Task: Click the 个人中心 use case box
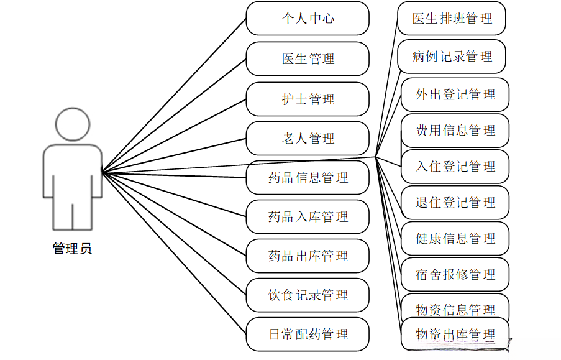coord(308,19)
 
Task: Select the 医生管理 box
coord(308,59)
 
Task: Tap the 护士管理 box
coord(308,99)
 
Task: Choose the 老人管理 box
coord(308,138)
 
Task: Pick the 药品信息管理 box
coord(308,178)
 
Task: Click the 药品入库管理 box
coord(308,217)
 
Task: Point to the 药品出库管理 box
coord(308,256)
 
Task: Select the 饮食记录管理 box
coord(308,295)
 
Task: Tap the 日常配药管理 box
coord(308,335)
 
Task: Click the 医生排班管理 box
coord(452,19)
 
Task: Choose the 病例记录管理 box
coord(452,57)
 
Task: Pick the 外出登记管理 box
coord(455,95)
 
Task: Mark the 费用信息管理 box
coord(455,131)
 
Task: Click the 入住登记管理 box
coord(455,167)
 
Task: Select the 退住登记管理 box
coord(455,203)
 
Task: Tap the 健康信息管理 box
coord(455,239)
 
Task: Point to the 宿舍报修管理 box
coord(455,275)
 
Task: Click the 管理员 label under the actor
coord(72,249)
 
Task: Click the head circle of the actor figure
coord(73,124)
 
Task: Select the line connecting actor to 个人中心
coord(174,95)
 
